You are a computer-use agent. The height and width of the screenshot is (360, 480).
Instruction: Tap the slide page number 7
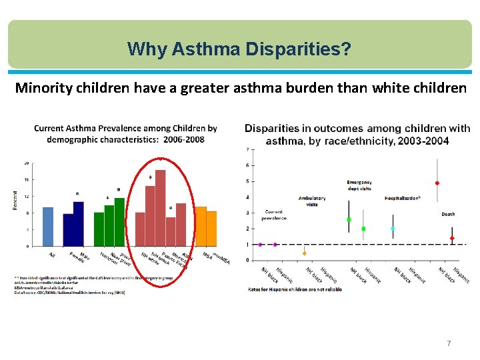point(449,343)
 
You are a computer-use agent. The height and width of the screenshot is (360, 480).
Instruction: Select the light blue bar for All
point(48,227)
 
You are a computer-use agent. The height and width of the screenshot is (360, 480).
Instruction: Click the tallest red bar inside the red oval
point(160,208)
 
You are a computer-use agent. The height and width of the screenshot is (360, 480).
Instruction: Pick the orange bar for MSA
point(201,227)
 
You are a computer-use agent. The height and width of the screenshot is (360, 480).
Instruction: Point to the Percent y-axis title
point(14,201)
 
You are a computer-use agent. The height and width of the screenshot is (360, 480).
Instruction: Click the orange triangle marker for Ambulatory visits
point(305,253)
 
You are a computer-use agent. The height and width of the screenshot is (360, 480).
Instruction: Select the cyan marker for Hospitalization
point(393,229)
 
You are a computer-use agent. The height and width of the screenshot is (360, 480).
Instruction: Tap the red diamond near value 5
point(437,183)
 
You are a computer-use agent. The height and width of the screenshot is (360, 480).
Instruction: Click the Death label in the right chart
point(448,214)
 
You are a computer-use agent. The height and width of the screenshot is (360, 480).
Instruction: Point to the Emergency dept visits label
point(359,185)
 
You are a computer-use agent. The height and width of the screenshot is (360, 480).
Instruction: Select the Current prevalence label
point(274,215)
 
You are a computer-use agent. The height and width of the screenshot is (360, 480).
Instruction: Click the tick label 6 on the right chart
point(249,165)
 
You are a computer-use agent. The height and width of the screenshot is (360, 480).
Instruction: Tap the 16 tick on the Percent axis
point(26,179)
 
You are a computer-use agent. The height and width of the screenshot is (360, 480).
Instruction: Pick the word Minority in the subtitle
point(41,88)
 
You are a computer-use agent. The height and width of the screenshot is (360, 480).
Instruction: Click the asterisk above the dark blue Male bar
point(77,195)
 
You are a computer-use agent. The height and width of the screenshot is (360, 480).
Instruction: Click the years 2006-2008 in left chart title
point(181,139)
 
